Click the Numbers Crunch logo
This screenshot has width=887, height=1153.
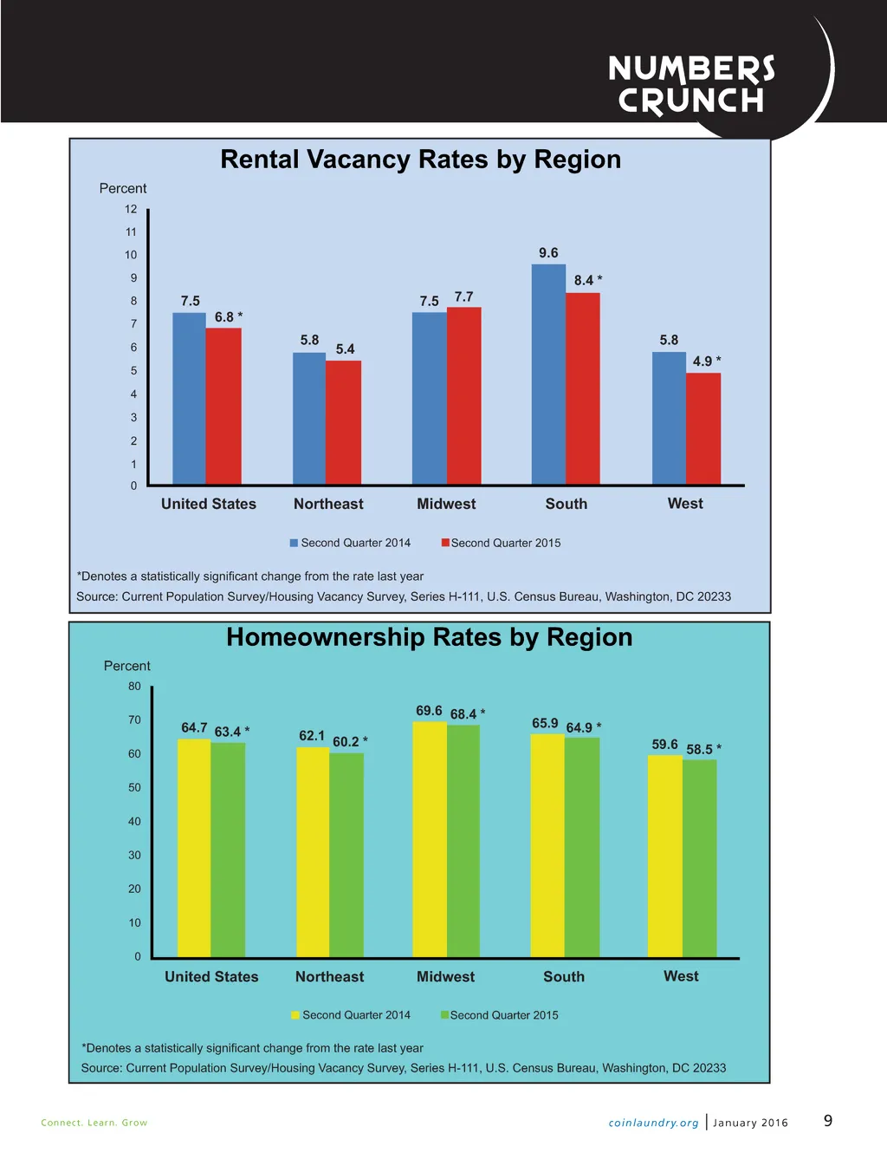[691, 84]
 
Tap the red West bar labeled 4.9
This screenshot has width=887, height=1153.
[703, 428]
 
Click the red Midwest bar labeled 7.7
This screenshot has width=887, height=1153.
[464, 395]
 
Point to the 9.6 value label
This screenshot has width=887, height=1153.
[548, 253]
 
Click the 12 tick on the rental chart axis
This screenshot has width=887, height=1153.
[131, 209]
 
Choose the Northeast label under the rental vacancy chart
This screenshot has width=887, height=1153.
[328, 504]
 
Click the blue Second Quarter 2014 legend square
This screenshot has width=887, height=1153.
[294, 543]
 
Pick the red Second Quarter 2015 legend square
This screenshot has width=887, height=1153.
[445, 543]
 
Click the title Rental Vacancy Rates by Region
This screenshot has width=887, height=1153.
[420, 160]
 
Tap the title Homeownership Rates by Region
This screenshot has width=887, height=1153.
[429, 637]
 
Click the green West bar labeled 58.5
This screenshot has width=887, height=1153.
[700, 858]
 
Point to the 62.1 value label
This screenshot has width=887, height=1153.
[312, 736]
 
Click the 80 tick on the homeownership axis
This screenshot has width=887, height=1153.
[134, 686]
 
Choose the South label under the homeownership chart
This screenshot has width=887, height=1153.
[564, 976]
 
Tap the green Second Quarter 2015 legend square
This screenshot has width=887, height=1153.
[445, 1015]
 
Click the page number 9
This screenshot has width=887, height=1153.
[828, 1121]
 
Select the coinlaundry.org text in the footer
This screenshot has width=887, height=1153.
[653, 1123]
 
